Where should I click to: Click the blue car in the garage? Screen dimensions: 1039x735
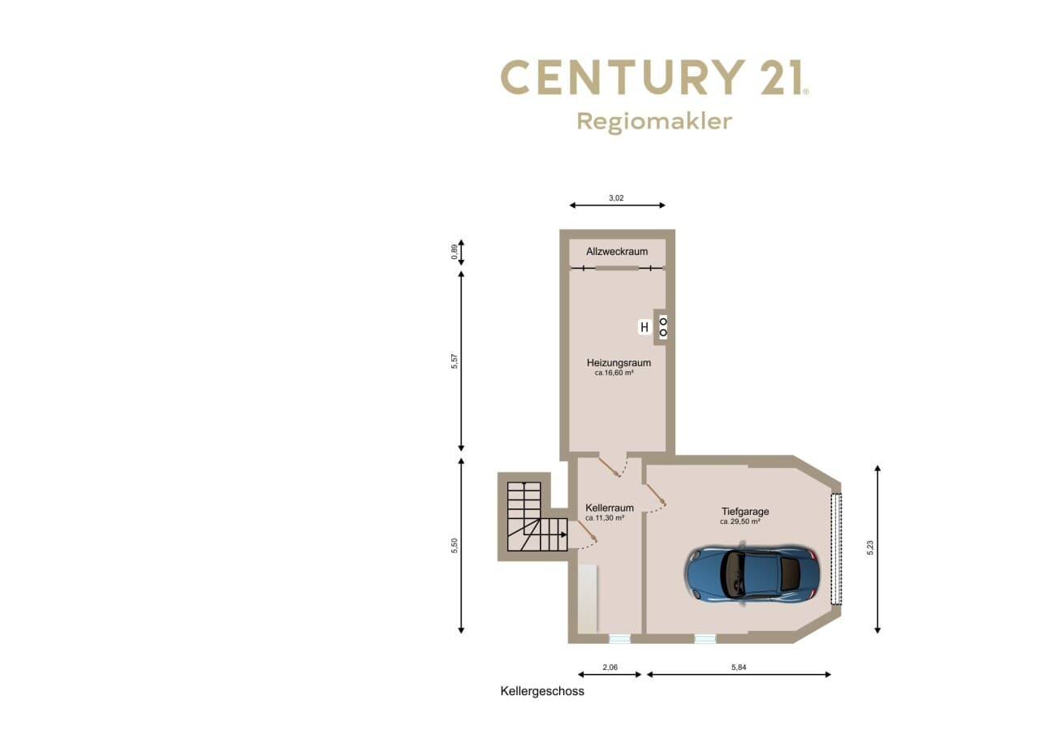[752, 573]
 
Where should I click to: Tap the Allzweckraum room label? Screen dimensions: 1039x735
[617, 252]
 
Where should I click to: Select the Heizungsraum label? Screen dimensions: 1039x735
[619, 363]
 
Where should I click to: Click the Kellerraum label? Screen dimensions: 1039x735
[609, 508]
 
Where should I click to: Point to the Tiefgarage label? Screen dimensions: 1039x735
[745, 512]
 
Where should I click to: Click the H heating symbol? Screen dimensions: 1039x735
[645, 327]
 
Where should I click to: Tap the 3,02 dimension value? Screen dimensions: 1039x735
[616, 197]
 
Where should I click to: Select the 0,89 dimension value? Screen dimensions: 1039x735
[455, 252]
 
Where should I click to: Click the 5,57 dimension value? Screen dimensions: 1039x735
[455, 361]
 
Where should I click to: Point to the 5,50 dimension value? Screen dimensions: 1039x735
[455, 546]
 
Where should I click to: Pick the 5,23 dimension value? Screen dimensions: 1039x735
[870, 547]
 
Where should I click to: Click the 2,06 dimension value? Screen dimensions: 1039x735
[610, 668]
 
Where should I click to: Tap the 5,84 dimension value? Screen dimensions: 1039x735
[739, 668]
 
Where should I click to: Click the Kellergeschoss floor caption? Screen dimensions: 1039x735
[542, 691]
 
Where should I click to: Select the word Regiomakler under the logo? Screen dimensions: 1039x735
[654, 122]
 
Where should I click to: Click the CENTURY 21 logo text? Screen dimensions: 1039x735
[654, 77]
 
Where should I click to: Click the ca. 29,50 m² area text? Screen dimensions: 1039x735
[739, 521]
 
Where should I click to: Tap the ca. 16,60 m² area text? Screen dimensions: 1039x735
[614, 373]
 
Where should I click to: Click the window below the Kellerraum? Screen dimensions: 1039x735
[619, 639]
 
